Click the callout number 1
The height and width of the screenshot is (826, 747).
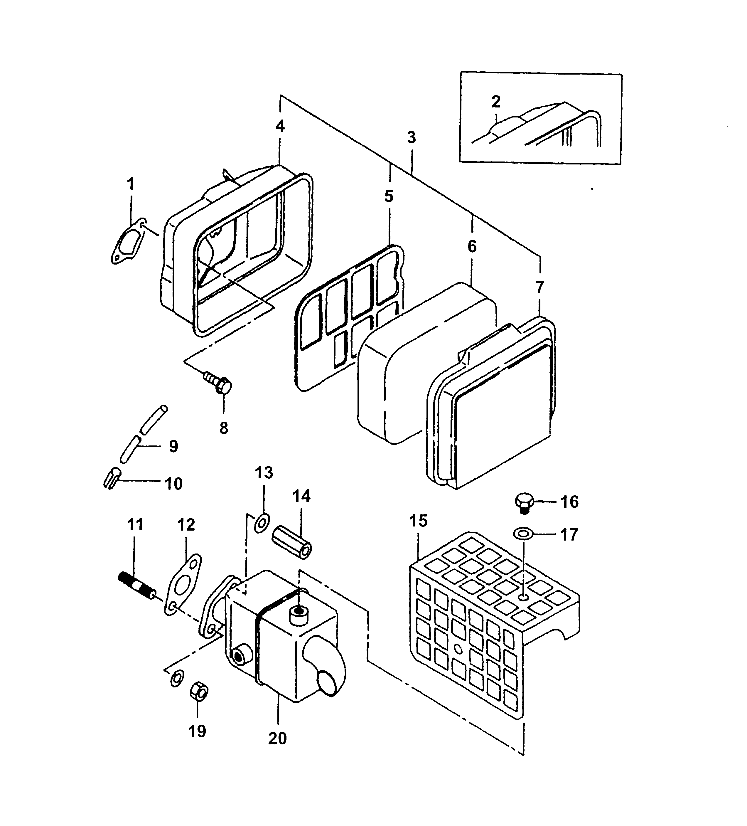[131, 184]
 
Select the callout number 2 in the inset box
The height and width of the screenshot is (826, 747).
[495, 101]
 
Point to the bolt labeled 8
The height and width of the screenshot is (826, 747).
[219, 383]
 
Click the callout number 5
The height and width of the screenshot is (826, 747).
[389, 196]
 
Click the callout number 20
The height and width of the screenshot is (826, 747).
[277, 738]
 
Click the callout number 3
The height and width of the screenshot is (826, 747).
[411, 137]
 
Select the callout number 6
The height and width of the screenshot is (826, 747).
[472, 246]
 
